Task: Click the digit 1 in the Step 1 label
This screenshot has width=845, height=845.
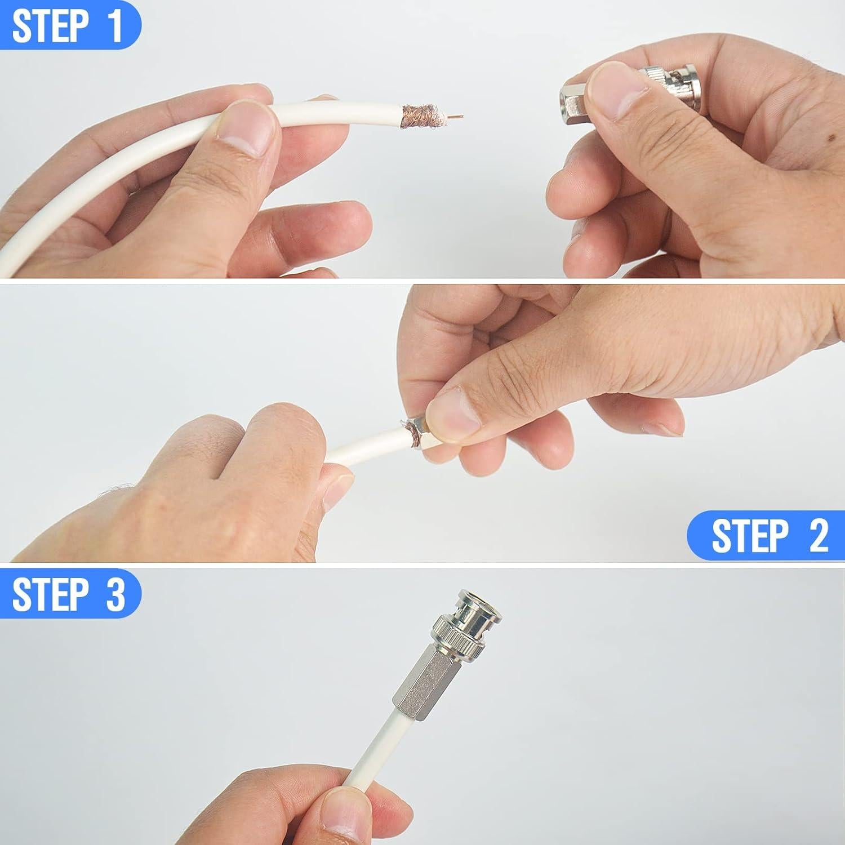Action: point(115,25)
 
